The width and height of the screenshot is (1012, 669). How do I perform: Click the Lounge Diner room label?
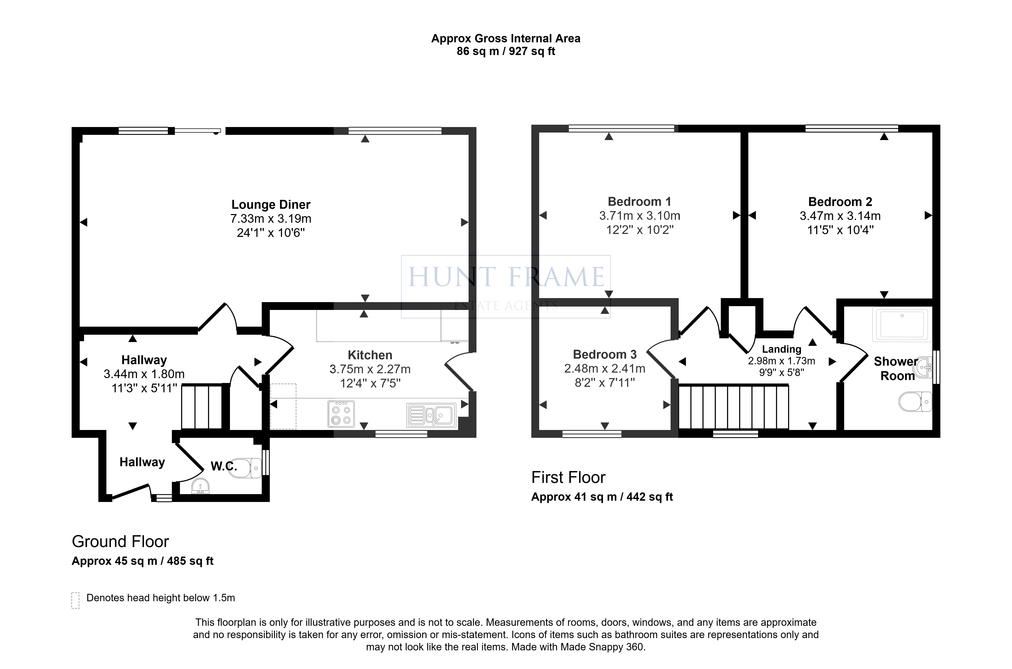(271, 205)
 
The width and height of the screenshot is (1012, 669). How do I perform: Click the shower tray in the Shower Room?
(902, 325)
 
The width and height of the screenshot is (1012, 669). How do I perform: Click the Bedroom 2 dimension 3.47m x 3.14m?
(840, 216)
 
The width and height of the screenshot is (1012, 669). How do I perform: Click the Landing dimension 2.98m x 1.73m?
(781, 361)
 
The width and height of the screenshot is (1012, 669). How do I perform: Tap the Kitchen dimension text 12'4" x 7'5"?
(370, 383)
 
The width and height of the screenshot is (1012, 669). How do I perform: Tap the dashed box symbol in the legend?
(76, 600)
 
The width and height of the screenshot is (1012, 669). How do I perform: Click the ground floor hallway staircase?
(202, 406)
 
